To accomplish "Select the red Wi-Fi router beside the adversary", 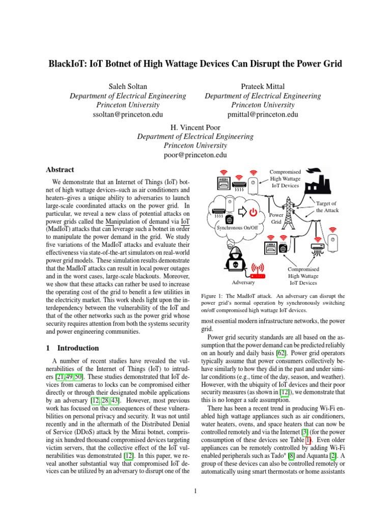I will click(259, 270).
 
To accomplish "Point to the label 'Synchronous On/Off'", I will click(237, 228).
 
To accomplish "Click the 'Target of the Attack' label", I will click(327, 207).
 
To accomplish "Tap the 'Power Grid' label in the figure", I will click(276, 218).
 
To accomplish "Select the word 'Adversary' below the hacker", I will click(243, 281).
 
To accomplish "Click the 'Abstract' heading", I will click(60, 169).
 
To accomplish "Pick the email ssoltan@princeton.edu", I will click(127, 114).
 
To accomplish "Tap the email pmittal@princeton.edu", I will click(263, 114).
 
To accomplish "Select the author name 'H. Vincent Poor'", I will click(195, 127).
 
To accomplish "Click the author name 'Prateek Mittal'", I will click(263, 86).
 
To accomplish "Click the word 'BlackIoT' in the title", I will click(70, 64).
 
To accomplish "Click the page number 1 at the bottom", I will click(195, 491).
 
